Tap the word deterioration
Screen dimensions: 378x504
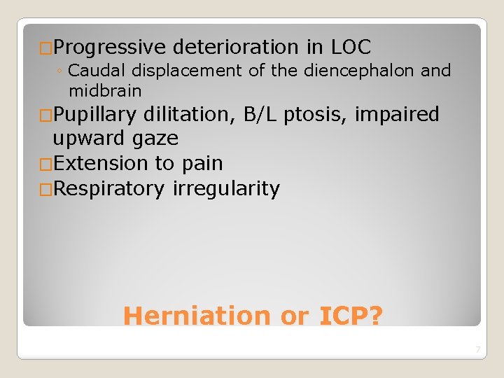235,48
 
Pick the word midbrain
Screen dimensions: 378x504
105,91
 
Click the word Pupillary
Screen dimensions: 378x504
94,114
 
